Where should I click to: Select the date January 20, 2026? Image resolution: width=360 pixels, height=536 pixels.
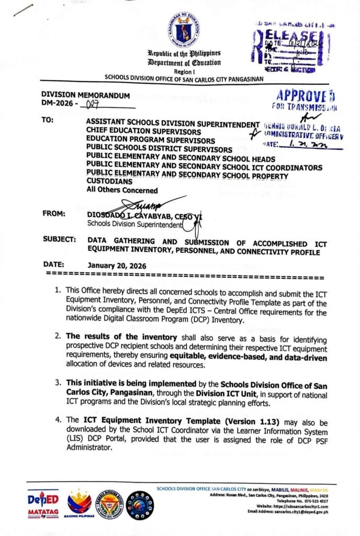[117, 265]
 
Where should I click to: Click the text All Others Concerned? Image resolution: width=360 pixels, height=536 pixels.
[122, 190]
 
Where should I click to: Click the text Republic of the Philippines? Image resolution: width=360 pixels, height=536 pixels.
[184, 53]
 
